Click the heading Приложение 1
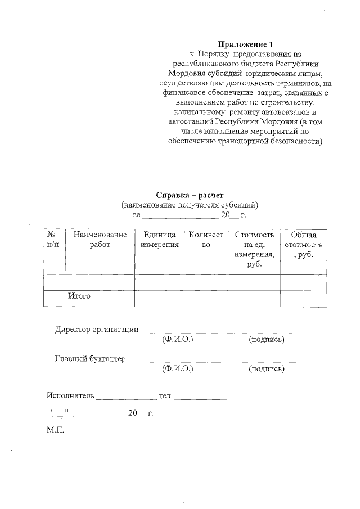coord(245,44)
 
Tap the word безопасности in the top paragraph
coord(295,141)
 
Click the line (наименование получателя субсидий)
coord(190,205)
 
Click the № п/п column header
coord(54,240)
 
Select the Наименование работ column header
coord(100,240)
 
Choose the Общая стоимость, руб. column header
coord(303,245)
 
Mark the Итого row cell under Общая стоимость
coord(303,298)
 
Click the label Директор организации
coord(97,330)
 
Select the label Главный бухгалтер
coord(90,359)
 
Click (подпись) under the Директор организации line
coord(266,340)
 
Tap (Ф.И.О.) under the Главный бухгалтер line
coord(177,369)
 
